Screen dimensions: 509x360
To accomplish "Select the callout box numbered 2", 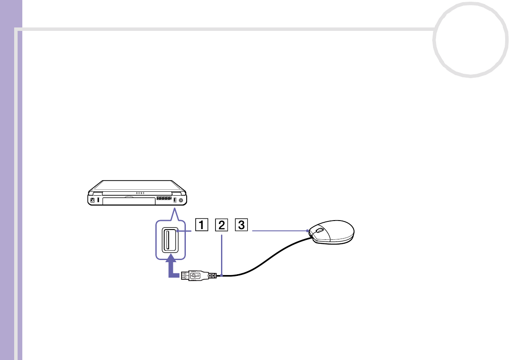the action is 221,224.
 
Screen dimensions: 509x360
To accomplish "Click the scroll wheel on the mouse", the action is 320,230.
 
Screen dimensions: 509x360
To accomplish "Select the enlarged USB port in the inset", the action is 170,240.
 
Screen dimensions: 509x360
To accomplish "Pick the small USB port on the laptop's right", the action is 175,200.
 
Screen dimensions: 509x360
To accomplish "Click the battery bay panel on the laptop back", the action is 127,200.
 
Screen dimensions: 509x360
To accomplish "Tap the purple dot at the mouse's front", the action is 309,231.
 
